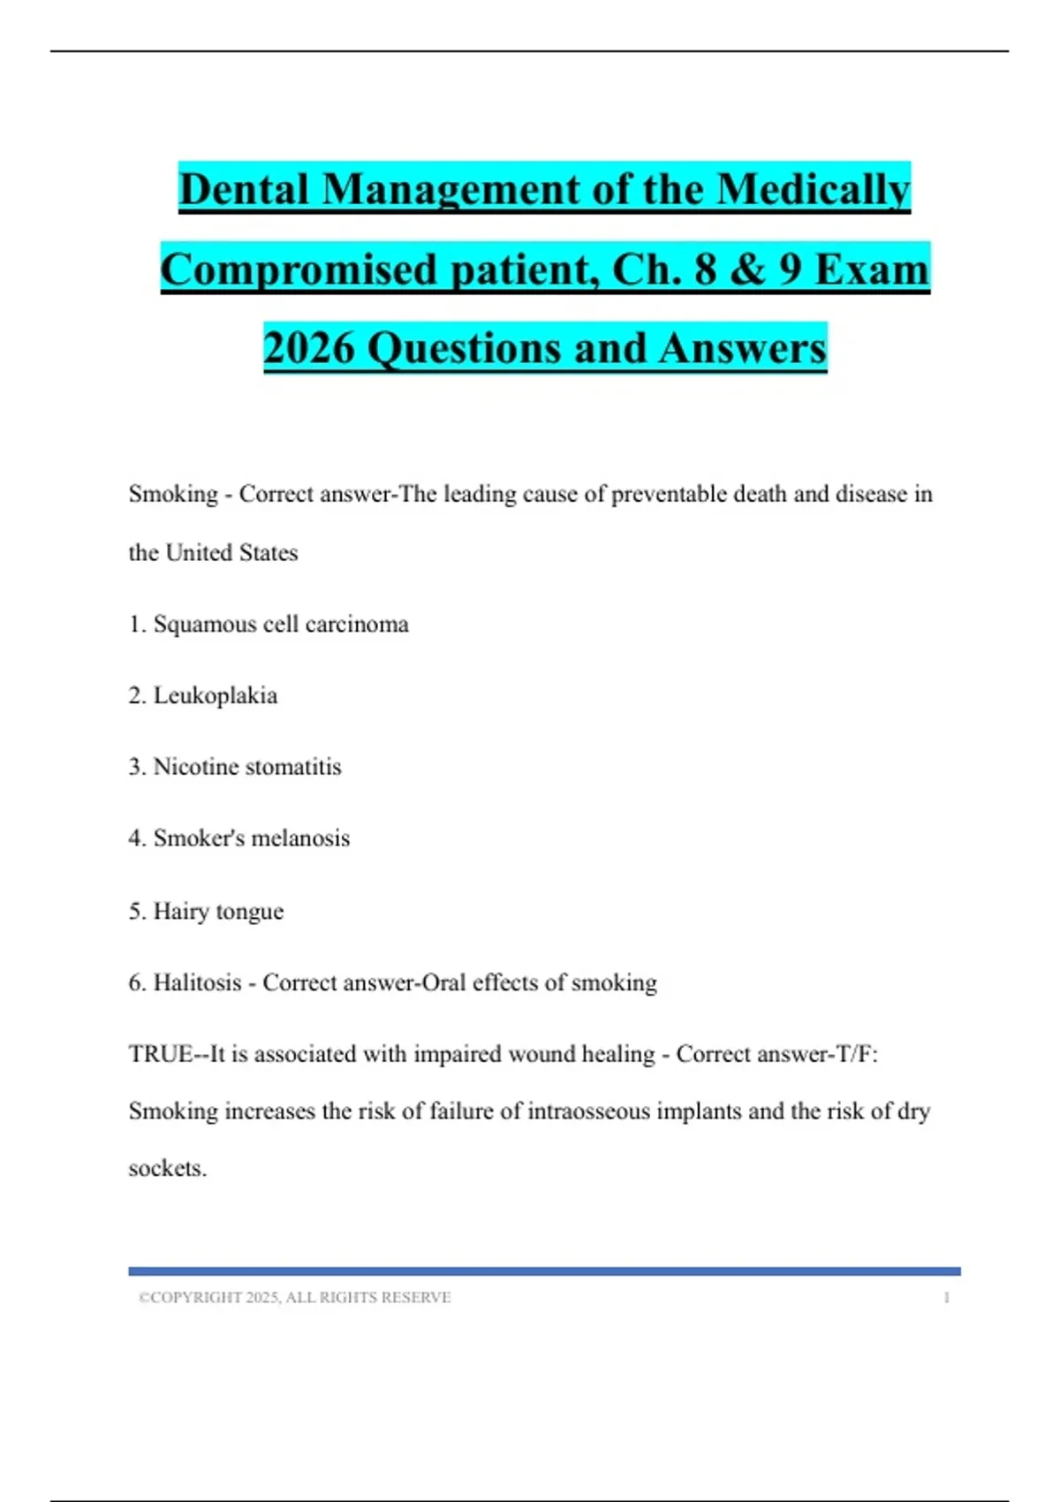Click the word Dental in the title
click(x=243, y=190)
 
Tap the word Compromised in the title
click(x=299, y=269)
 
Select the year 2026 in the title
click(x=308, y=348)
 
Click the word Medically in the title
click(x=813, y=190)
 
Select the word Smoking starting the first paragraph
click(x=173, y=494)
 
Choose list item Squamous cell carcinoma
click(x=281, y=625)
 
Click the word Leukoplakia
click(x=216, y=696)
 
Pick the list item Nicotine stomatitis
click(x=247, y=767)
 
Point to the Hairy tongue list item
click(x=218, y=911)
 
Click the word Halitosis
click(x=197, y=982)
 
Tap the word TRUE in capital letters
click(x=160, y=1054)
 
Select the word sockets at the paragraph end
click(x=167, y=1168)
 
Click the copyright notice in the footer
click(x=295, y=1297)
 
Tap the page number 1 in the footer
click(x=946, y=1298)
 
